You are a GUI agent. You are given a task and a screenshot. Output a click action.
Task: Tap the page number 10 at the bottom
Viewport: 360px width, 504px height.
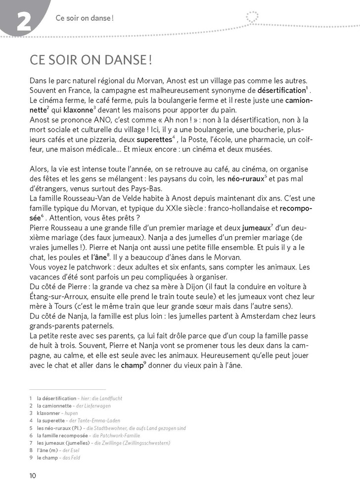point(33,476)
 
